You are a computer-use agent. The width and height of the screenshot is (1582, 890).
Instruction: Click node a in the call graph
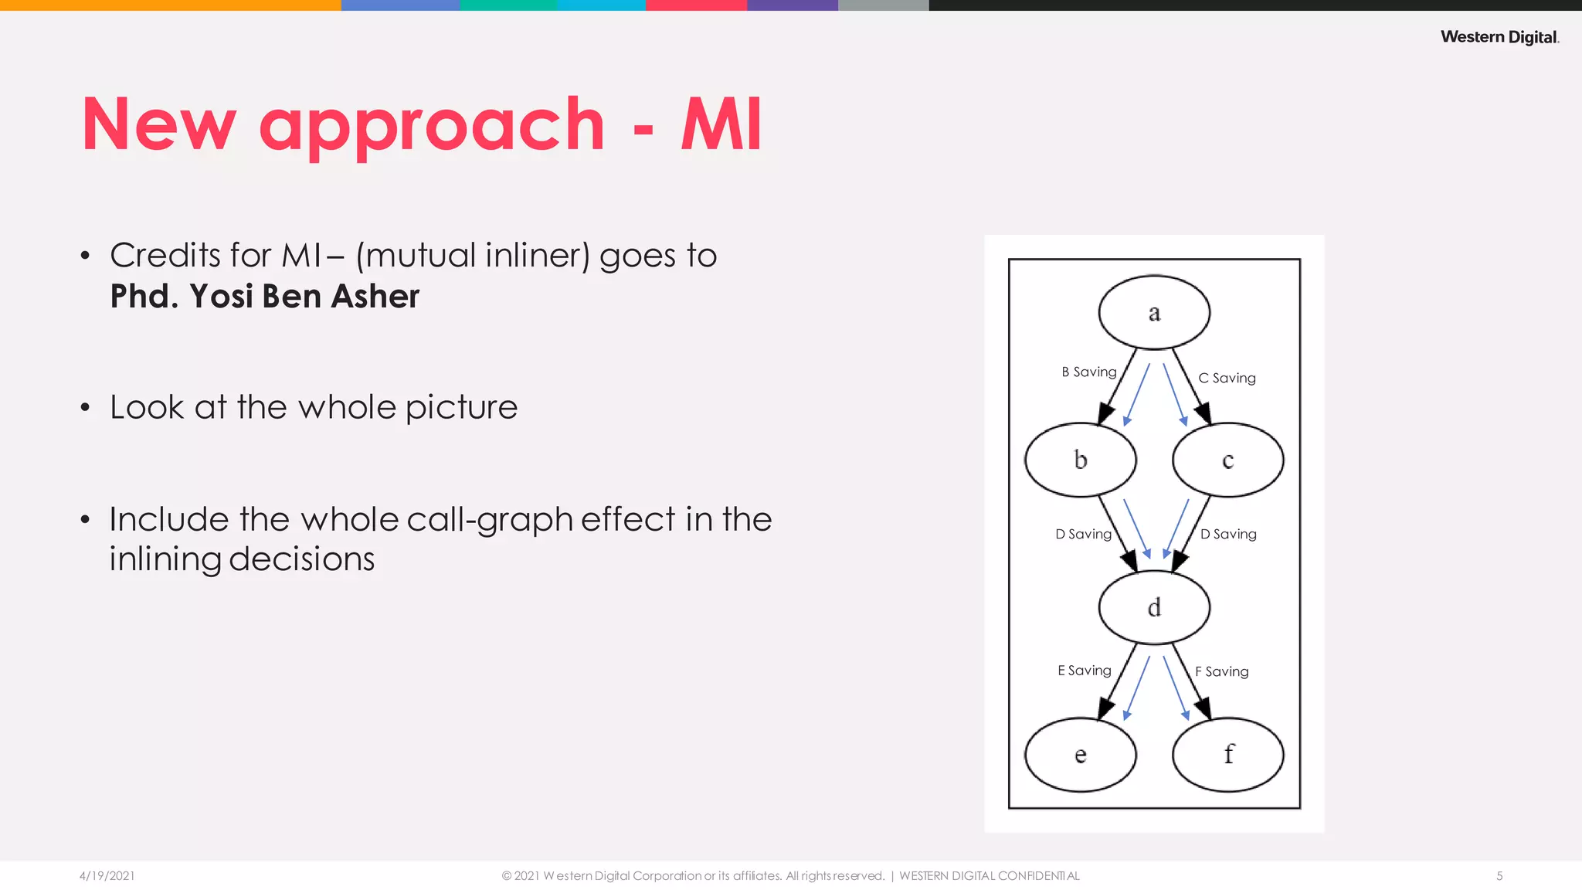click(1154, 312)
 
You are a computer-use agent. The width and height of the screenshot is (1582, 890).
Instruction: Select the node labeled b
click(1080, 460)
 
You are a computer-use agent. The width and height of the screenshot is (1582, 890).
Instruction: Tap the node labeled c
click(1227, 460)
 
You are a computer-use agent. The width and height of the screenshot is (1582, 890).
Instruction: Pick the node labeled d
click(1154, 607)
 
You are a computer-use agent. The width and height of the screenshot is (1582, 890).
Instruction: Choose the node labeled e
click(1080, 755)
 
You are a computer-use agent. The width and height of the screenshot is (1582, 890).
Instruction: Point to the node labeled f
click(1227, 755)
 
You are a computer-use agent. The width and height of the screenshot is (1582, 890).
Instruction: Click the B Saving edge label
click(1088, 372)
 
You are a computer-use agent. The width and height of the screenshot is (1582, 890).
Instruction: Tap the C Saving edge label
click(1227, 379)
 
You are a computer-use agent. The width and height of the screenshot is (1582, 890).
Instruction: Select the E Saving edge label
click(1084, 671)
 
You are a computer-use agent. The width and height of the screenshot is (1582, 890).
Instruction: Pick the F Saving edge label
click(1221, 672)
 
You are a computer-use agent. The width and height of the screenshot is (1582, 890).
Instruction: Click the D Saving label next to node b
click(1083, 535)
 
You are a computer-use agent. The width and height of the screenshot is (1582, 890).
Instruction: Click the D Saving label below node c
click(1228, 535)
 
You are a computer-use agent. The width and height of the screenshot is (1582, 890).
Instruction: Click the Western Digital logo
click(1499, 37)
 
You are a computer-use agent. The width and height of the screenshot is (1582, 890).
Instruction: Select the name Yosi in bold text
click(221, 297)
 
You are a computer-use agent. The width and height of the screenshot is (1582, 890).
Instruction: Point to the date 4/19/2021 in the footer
click(107, 876)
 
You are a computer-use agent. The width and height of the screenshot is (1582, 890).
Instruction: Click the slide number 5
click(1499, 876)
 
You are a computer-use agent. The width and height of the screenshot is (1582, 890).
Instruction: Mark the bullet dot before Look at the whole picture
click(85, 407)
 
